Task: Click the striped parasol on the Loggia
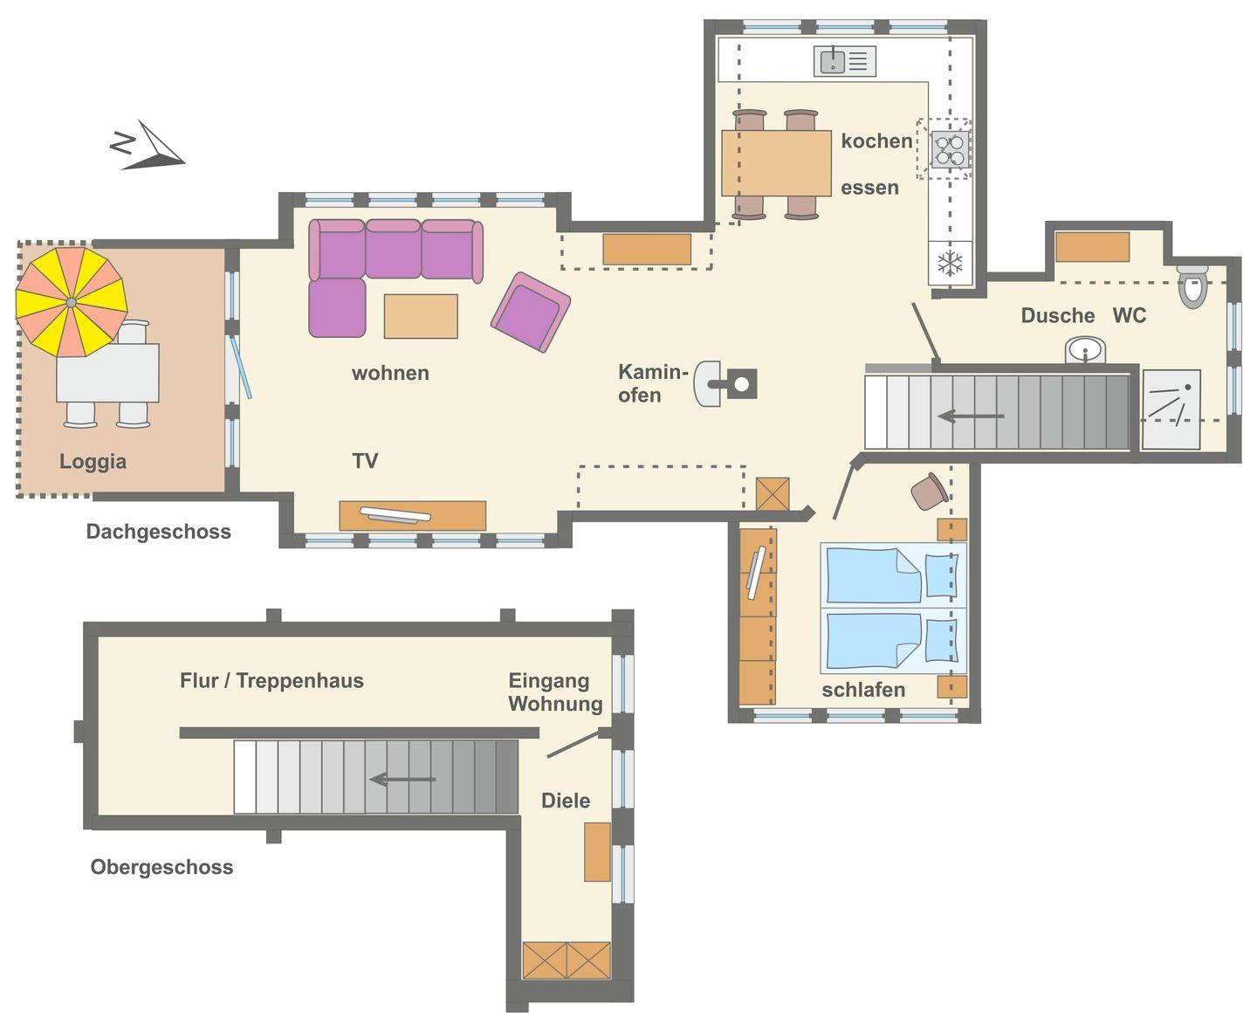[71, 302]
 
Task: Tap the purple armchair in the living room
[531, 312]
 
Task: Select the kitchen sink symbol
[845, 61]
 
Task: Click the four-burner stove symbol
[949, 149]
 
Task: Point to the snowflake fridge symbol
[950, 263]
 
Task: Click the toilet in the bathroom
[1192, 286]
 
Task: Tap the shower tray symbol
[1171, 409]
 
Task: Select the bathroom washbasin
[1085, 350]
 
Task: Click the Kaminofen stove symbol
[725, 384]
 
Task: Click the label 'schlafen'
[863, 690]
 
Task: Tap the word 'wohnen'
[390, 373]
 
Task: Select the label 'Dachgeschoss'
[159, 531]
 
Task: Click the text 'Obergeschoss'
[161, 867]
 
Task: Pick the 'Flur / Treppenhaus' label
[271, 680]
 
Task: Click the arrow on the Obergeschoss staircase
[402, 779]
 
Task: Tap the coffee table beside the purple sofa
[421, 316]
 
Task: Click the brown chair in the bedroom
[929, 492]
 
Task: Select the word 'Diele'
[566, 801]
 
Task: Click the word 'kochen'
[876, 141]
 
